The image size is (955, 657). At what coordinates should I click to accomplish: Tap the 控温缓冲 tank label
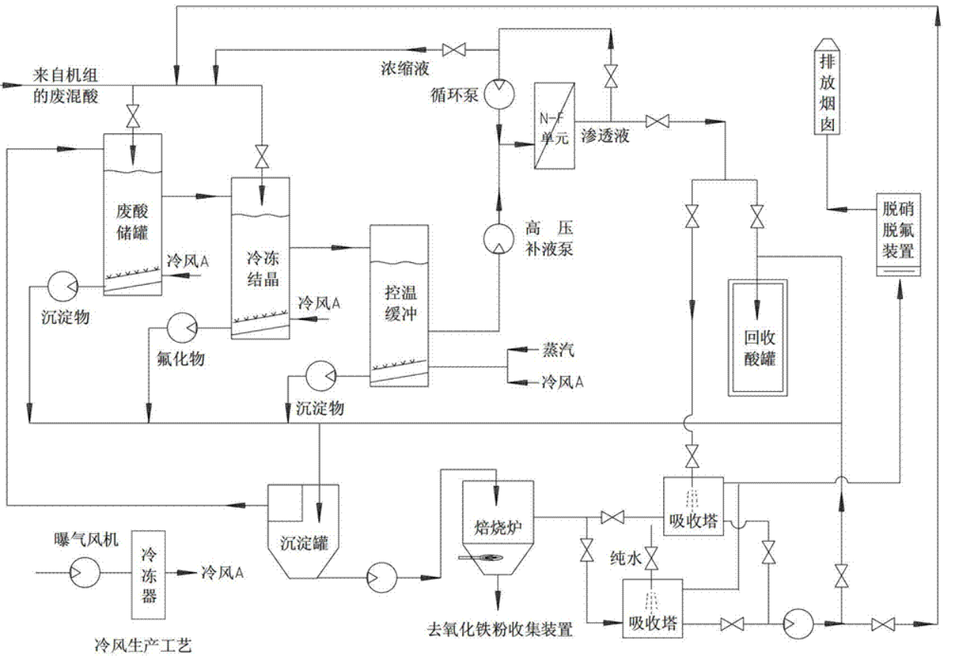(399, 304)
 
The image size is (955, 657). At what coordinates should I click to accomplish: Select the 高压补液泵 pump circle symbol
(499, 237)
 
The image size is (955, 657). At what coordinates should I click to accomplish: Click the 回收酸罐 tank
(758, 337)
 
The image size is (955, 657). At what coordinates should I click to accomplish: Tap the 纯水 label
(625, 559)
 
